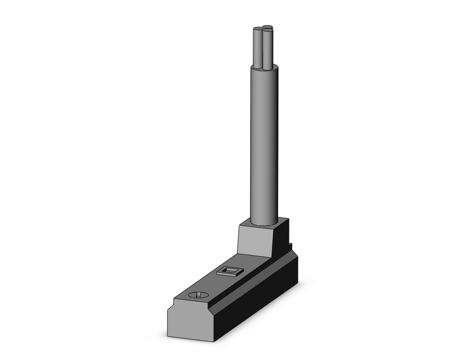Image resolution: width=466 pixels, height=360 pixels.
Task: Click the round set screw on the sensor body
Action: point(198,295)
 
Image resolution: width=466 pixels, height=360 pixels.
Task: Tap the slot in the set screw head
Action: point(198,295)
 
